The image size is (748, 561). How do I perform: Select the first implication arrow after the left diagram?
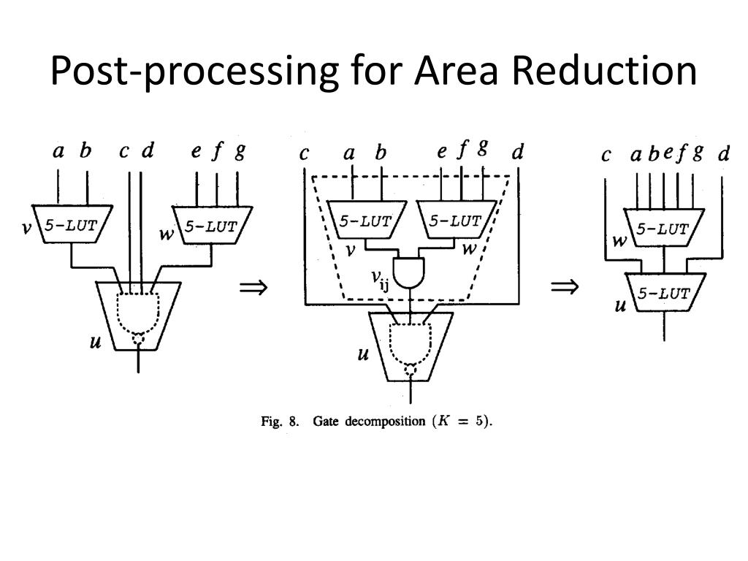(253, 288)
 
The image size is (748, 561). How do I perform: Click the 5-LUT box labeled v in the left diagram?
(72, 225)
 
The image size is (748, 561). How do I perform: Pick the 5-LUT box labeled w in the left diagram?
(210, 225)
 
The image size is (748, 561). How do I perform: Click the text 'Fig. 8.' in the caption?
(280, 422)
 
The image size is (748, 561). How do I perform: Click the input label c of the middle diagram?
(304, 154)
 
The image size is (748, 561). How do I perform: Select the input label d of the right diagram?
(723, 154)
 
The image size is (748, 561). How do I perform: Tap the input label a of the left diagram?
(58, 151)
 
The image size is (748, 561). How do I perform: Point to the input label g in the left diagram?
(240, 151)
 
